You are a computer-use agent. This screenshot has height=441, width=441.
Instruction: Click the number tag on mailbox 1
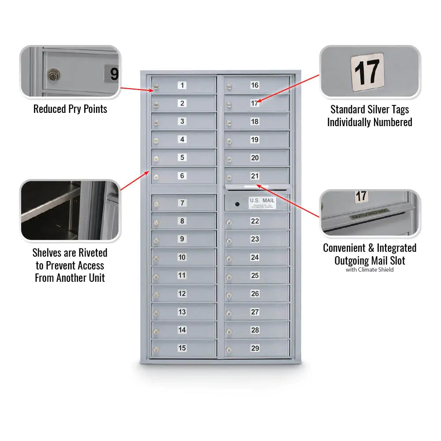(182, 85)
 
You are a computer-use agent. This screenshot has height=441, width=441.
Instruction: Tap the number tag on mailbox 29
(255, 348)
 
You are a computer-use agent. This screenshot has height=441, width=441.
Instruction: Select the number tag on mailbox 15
(182, 348)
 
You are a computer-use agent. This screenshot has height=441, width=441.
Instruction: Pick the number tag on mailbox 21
(255, 176)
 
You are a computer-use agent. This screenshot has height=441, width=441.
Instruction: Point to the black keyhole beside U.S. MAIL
(237, 204)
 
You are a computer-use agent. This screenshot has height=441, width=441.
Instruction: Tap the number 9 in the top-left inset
(114, 74)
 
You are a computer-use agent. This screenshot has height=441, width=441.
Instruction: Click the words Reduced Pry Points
(70, 109)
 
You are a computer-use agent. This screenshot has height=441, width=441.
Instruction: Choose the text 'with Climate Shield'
(370, 269)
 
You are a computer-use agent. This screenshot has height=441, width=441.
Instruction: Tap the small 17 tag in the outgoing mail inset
(361, 196)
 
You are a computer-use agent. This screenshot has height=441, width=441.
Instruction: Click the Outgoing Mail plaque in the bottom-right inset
(369, 214)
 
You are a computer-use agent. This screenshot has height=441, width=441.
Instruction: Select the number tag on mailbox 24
(255, 257)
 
